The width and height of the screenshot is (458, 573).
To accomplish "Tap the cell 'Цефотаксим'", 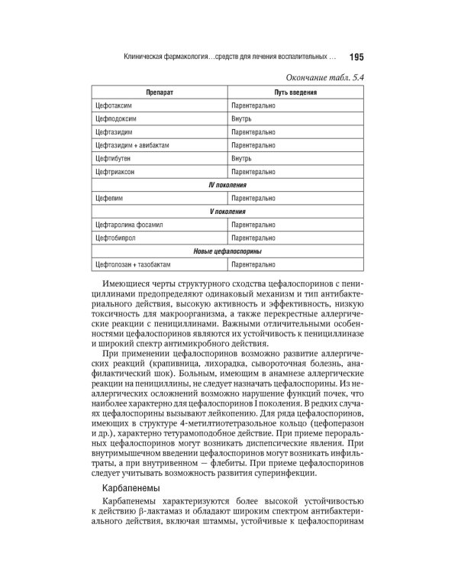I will point(114,106).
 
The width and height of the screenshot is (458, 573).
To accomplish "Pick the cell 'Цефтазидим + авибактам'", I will point(133,145).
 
